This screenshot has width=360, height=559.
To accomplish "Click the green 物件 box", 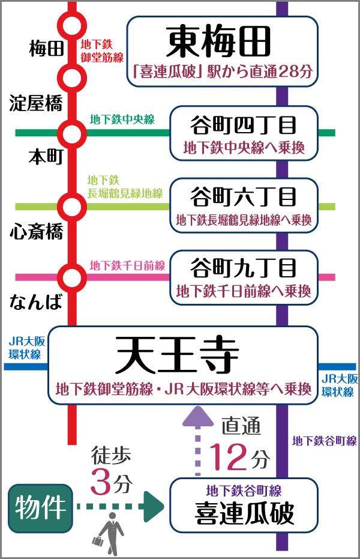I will (41, 508).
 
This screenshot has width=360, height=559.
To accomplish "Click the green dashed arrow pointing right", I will (120, 508).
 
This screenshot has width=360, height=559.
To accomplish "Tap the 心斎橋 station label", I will (36, 231).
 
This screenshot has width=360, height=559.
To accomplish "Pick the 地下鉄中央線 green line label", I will (122, 119).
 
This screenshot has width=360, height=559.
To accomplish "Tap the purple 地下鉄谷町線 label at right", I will (325, 441).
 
